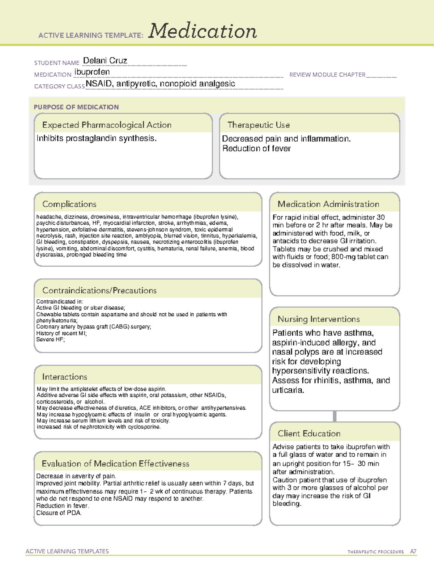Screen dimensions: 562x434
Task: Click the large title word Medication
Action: tap(203, 31)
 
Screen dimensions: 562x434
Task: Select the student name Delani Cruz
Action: tap(105, 61)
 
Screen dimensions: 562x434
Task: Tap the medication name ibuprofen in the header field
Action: tap(92, 72)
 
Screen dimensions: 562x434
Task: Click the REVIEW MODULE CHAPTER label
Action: tap(327, 75)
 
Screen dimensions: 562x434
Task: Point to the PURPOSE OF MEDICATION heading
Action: tap(76, 107)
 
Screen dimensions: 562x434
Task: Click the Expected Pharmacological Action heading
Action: tap(107, 125)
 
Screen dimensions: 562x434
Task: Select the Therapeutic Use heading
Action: tap(258, 125)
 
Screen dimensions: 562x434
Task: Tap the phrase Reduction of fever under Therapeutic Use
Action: tap(256, 149)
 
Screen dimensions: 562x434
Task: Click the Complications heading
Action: tap(69, 204)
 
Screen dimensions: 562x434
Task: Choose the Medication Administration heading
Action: tap(328, 204)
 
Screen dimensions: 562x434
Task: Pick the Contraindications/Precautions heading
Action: tap(99, 290)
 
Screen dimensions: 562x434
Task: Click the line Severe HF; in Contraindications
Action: tap(50, 339)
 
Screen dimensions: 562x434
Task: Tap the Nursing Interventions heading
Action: tap(318, 319)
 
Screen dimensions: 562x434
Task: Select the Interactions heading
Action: tap(64, 377)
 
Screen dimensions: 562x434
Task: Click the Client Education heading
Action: tap(309, 434)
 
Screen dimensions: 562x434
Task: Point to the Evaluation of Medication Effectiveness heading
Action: tap(115, 464)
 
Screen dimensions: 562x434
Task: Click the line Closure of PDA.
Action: tap(59, 513)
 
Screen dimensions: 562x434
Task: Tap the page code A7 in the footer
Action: tap(413, 552)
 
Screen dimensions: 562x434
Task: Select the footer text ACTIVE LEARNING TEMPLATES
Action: tap(67, 551)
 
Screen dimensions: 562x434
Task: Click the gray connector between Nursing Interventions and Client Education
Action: tap(335, 416)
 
